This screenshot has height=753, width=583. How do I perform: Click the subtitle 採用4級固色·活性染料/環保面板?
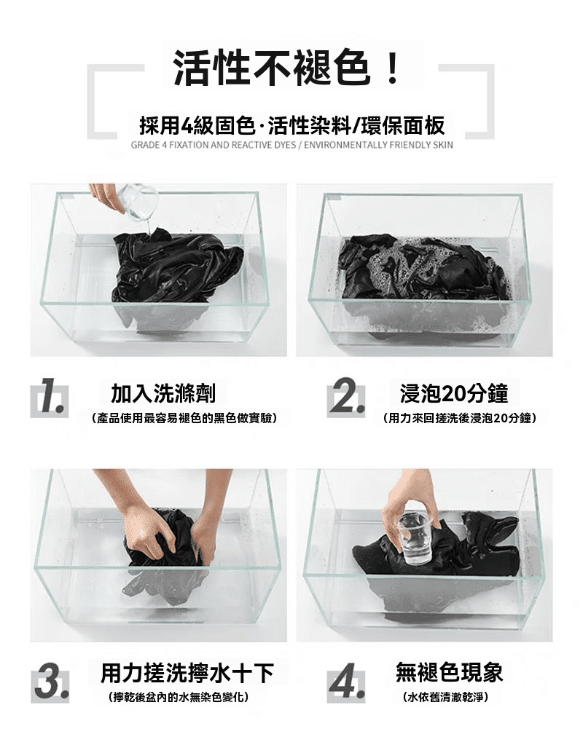[291, 125]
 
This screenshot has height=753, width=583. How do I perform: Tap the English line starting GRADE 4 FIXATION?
[291, 145]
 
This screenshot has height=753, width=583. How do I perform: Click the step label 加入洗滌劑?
[163, 393]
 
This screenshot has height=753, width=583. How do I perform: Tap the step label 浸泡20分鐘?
[454, 393]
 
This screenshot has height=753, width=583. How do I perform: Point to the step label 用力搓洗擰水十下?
[187, 673]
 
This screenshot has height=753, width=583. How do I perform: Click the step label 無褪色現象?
[450, 671]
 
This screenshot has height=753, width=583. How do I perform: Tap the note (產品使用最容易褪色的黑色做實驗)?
[184, 418]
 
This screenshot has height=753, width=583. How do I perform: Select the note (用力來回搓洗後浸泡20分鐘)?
[460, 418]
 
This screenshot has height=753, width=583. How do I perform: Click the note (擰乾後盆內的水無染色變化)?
[179, 697]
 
